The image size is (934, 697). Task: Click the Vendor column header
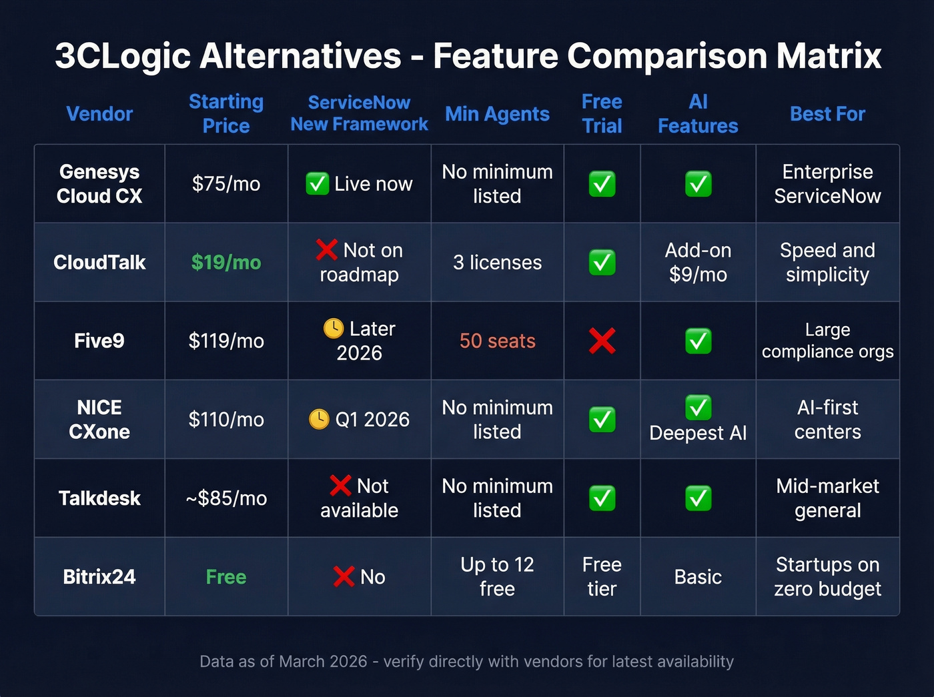(x=99, y=114)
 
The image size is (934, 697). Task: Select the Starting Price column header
(x=226, y=114)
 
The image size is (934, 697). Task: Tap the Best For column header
(x=827, y=114)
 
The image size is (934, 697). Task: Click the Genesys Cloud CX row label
(x=99, y=184)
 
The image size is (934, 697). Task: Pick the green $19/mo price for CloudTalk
(x=226, y=262)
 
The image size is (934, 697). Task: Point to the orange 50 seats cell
(x=497, y=341)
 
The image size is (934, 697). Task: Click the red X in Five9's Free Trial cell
(x=602, y=341)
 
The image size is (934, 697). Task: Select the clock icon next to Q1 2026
(x=319, y=419)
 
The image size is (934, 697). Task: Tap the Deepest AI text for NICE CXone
(x=698, y=433)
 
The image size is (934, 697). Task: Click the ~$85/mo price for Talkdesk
(x=226, y=498)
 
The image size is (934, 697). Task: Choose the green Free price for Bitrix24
(x=226, y=577)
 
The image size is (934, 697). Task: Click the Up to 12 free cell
(x=497, y=577)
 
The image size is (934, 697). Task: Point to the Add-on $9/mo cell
(x=698, y=262)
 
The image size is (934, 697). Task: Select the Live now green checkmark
(x=317, y=183)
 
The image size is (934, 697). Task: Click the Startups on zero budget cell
(x=827, y=577)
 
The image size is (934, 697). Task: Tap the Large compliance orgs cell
(x=827, y=341)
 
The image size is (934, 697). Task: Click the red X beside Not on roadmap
(x=326, y=249)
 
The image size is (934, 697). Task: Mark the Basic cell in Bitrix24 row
(x=698, y=577)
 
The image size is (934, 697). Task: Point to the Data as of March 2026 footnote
(x=466, y=662)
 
